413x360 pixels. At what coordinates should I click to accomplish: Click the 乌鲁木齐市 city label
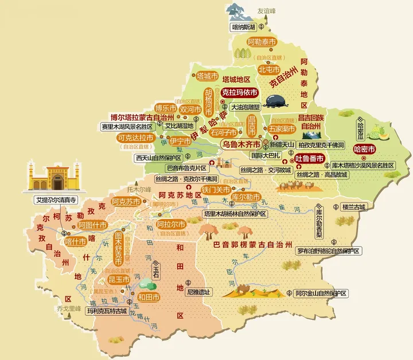click(241, 145)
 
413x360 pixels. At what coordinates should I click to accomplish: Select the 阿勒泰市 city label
click(262, 42)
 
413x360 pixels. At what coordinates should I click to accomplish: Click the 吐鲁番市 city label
click(310, 158)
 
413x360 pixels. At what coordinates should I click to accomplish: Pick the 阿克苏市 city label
click(126, 202)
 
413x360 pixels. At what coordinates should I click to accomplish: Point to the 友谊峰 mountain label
click(267, 10)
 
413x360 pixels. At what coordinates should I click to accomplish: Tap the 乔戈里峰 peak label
click(69, 308)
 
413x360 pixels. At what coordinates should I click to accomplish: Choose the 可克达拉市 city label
click(135, 138)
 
